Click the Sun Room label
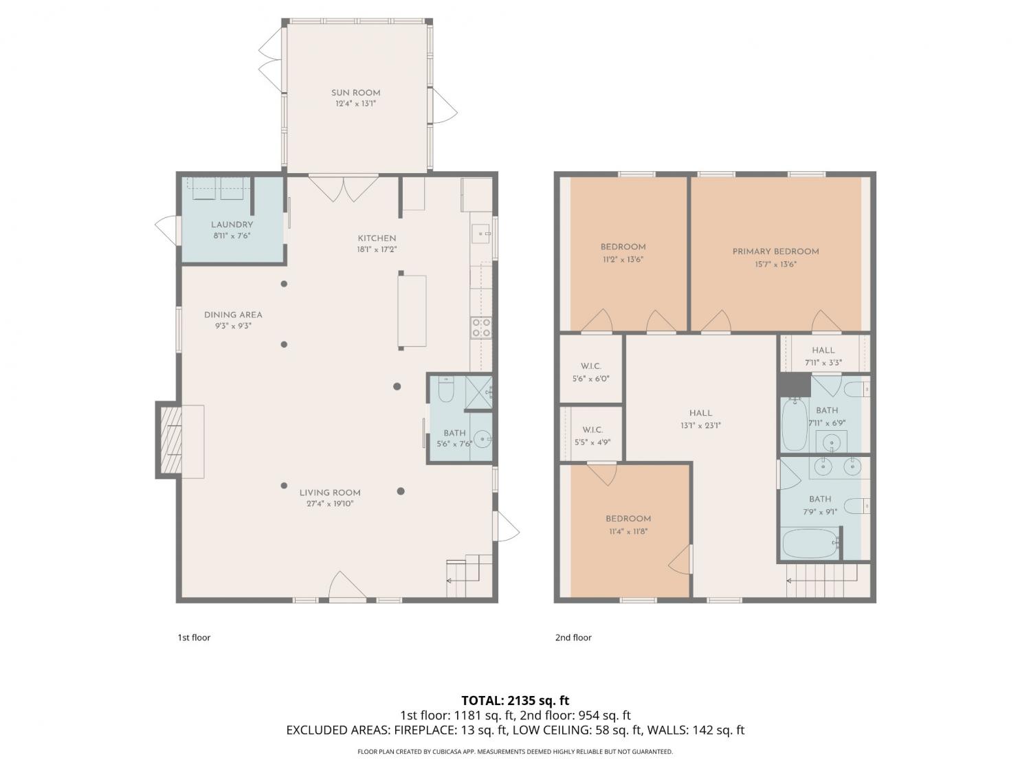point(355,93)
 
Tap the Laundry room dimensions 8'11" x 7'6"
point(232,236)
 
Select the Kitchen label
point(377,238)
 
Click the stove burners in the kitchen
point(481,328)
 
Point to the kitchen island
point(412,311)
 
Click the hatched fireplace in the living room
point(171,440)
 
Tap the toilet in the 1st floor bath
point(446,390)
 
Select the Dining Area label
point(233,315)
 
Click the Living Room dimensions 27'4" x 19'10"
point(330,504)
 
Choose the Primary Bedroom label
point(775,251)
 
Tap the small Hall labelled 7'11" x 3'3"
point(823,355)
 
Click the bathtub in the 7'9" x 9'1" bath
point(810,543)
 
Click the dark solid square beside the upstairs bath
point(794,385)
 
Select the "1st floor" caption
point(194,638)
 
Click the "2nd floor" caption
point(573,638)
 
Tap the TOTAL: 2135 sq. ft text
point(515,700)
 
